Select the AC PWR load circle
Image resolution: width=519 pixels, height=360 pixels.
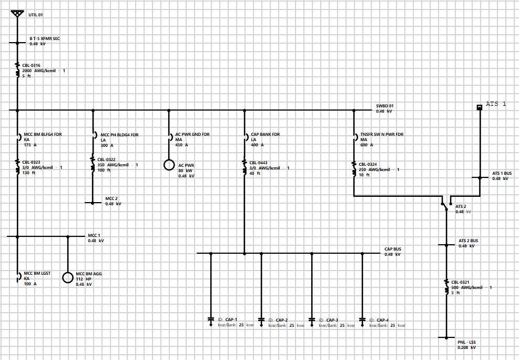(169, 165)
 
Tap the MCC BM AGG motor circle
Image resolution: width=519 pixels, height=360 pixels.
(67, 277)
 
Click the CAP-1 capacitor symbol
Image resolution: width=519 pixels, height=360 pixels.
(211, 319)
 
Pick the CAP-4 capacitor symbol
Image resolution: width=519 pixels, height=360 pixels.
(362, 319)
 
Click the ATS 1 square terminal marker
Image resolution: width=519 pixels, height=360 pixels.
(480, 107)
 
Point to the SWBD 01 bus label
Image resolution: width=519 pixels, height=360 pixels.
(384, 105)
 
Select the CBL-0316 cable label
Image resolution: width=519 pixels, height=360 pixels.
(31, 65)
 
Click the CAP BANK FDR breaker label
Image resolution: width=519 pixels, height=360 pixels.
(266, 135)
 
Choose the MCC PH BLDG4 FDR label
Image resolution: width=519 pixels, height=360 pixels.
(119, 135)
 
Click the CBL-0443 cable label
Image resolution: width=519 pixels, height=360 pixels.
(258, 163)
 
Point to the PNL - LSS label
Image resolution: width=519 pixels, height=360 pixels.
(466, 342)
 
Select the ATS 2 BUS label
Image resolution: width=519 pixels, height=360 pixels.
(468, 241)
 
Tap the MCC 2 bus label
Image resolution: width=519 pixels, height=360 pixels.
(111, 198)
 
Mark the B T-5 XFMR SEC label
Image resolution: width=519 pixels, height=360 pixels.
(45, 38)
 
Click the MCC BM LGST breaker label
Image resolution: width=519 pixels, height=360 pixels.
(37, 274)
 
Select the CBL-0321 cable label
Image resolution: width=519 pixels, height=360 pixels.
(460, 282)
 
